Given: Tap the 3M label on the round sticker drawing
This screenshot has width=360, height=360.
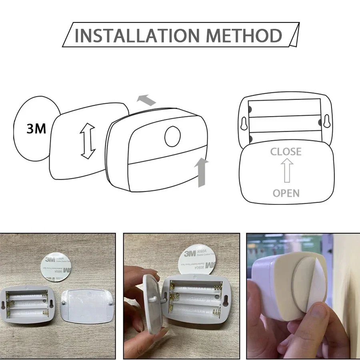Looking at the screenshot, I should point(36,128).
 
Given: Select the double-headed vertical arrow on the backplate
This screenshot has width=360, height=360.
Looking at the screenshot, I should point(87,141).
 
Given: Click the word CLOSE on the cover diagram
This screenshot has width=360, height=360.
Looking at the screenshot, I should point(286,152).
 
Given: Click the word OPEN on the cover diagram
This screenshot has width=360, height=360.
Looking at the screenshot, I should point(286,193).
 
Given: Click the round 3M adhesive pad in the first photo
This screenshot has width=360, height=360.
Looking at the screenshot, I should point(57,268).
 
